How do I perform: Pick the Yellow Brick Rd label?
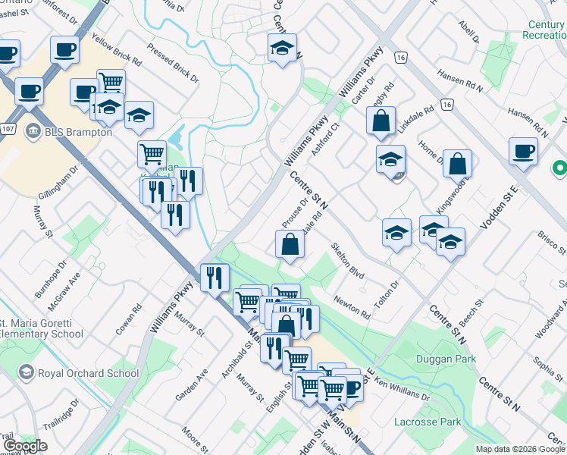pyautogui.click(x=116, y=48)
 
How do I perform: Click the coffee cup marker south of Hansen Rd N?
pyautogui.click(x=523, y=150)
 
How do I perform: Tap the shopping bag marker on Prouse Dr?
pyautogui.click(x=289, y=244)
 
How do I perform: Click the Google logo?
pyautogui.click(x=25, y=446)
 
